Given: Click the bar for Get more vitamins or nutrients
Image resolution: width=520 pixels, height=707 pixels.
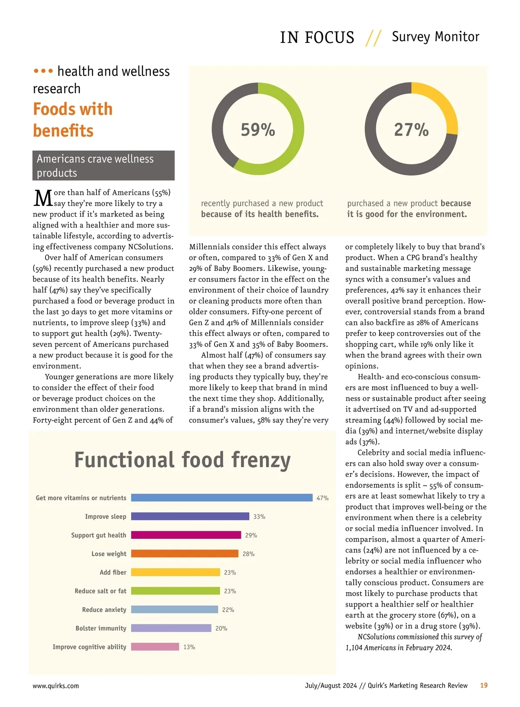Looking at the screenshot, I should click(221, 498).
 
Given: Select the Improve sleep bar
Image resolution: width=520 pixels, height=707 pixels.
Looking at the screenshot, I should click(190, 516).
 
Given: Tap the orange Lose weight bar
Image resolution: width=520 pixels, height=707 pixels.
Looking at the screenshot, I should click(185, 554).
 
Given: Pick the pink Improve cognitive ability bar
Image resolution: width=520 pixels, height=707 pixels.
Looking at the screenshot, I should click(155, 647).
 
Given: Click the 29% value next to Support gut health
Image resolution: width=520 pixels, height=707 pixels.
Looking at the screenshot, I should click(251, 535).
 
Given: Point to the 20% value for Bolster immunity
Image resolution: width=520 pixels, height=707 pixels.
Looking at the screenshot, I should click(221, 629).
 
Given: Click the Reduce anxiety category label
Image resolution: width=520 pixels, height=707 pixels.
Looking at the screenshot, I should click(104, 610).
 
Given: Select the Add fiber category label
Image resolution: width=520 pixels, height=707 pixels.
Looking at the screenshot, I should click(113, 573).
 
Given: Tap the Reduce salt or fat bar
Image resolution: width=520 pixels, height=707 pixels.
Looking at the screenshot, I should click(175, 591).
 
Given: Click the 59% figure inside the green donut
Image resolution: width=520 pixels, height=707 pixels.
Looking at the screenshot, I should click(258, 130).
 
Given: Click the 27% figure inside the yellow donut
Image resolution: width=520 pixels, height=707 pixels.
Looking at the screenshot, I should click(411, 130).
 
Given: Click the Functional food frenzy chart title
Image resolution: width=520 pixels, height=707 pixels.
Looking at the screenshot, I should click(182, 460).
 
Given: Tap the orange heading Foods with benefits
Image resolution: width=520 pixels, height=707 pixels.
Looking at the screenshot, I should click(72, 120).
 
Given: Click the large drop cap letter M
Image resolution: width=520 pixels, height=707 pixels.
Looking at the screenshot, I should click(43, 199).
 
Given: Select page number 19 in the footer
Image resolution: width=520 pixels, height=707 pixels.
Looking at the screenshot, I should click(484, 685).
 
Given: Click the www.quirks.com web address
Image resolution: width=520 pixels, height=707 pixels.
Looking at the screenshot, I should click(55, 686).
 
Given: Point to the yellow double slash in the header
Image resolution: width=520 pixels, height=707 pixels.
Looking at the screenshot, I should click(373, 38).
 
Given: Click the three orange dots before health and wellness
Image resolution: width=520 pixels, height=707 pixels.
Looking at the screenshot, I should click(43, 71).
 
